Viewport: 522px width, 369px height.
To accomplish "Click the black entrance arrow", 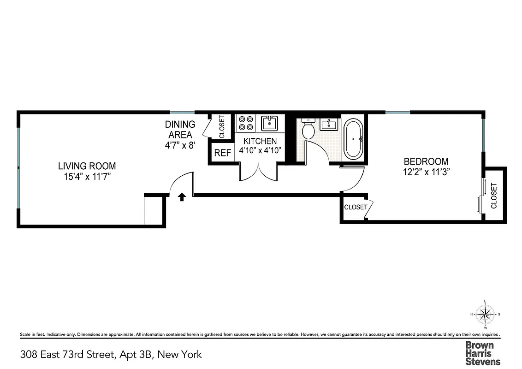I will pyautogui.click(x=182, y=197).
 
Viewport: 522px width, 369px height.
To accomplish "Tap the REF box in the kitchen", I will pyautogui.click(x=223, y=153).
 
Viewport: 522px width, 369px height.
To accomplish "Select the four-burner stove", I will pyautogui.click(x=246, y=123).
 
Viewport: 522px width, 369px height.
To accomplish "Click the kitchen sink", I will pyautogui.click(x=269, y=123).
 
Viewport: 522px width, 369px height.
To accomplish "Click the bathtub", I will pyautogui.click(x=354, y=139).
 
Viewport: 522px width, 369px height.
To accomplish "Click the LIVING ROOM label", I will pyautogui.click(x=87, y=166).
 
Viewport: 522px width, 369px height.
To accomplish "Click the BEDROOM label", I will pyautogui.click(x=426, y=161).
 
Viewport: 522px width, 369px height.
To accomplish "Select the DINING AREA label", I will pyautogui.click(x=180, y=130).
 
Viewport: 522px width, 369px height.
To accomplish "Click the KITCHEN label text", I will pyautogui.click(x=260, y=141).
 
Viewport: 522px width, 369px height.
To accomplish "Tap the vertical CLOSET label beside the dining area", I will pyautogui.click(x=221, y=126).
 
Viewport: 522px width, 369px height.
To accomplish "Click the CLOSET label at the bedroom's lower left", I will pyautogui.click(x=356, y=207).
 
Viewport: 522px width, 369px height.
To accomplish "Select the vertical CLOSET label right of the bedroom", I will pyautogui.click(x=494, y=196).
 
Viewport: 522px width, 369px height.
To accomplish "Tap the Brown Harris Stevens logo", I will pyautogui.click(x=482, y=353).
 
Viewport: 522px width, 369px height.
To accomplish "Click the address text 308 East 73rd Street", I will pyautogui.click(x=111, y=355).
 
